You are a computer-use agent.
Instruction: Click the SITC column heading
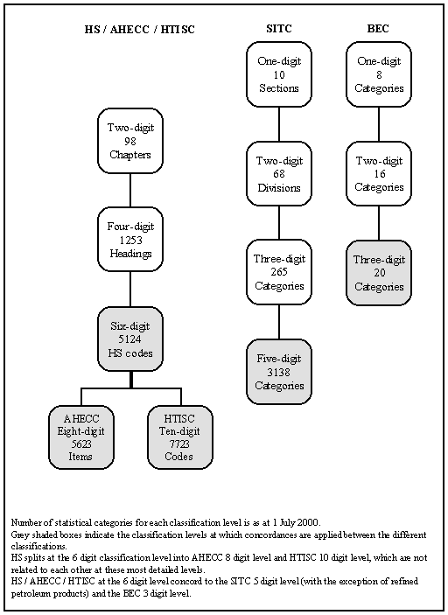click(x=279, y=29)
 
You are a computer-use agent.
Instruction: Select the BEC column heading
click(x=378, y=29)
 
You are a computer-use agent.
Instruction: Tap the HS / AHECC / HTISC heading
click(x=140, y=30)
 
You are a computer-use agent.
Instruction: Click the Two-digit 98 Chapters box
click(x=130, y=141)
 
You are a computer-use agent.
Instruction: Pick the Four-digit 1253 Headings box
click(x=130, y=240)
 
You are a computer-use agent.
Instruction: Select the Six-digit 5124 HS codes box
click(x=130, y=339)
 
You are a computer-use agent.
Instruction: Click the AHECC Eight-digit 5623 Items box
click(x=81, y=437)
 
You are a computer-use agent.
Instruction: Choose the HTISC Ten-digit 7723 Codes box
click(x=180, y=437)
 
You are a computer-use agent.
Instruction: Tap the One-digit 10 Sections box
click(x=279, y=74)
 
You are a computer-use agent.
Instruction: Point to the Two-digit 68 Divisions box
click(x=279, y=174)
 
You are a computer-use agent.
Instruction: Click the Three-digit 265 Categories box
click(x=279, y=272)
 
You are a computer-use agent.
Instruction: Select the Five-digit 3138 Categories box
click(x=279, y=372)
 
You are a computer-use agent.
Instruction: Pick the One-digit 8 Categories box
click(x=379, y=74)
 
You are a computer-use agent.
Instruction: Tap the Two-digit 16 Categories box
click(x=379, y=174)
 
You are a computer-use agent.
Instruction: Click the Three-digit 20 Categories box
click(x=379, y=273)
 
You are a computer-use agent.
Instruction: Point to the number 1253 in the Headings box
click(x=130, y=240)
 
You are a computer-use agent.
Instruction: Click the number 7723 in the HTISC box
click(x=179, y=444)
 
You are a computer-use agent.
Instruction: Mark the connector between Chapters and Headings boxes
click(x=130, y=190)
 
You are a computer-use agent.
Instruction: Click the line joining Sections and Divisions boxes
click(x=279, y=124)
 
